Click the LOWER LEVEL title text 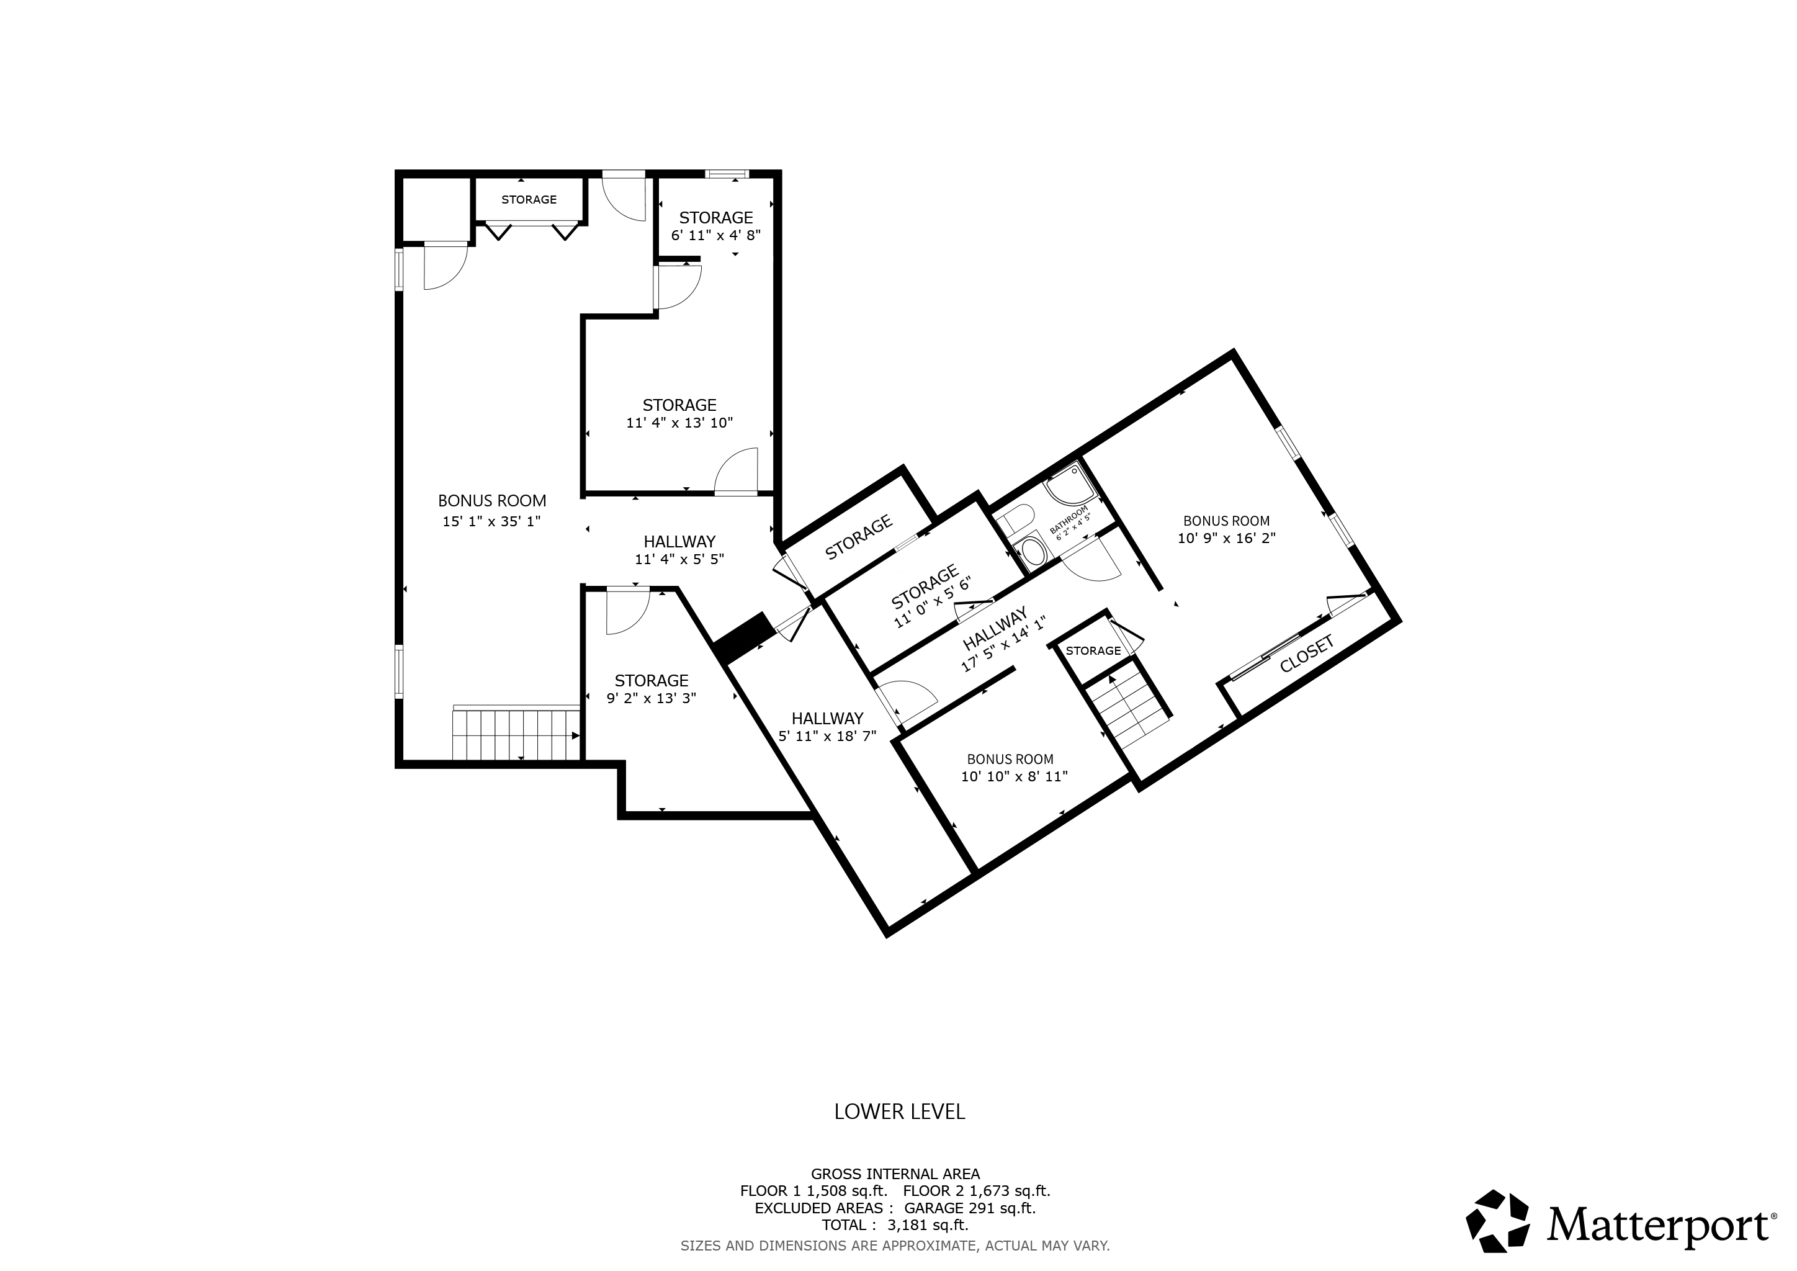(x=899, y=1112)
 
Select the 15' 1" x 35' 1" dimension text (x=491, y=521)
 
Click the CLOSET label (x=1306, y=654)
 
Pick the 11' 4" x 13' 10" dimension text (x=679, y=423)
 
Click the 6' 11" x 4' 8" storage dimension (x=716, y=235)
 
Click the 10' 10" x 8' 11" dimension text (x=1015, y=776)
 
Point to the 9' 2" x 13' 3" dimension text (x=651, y=698)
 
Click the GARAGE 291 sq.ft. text (x=970, y=1229)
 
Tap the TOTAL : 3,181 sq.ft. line (x=895, y=1247)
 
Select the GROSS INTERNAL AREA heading (x=895, y=1195)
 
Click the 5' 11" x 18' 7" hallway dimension (x=827, y=735)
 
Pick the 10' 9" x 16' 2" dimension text (x=1226, y=537)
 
